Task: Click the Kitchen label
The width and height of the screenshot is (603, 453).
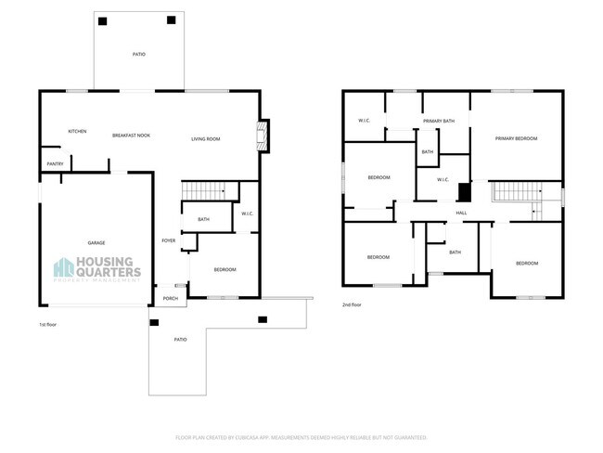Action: click(x=77, y=131)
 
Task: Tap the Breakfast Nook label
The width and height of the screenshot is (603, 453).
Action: click(x=131, y=136)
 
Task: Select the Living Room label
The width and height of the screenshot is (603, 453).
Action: click(x=205, y=138)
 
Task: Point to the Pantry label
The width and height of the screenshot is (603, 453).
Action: click(x=55, y=164)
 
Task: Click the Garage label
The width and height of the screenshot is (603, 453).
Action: click(x=96, y=242)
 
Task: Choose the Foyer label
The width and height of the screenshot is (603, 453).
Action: click(x=168, y=240)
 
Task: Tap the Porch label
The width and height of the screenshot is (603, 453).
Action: click(x=170, y=298)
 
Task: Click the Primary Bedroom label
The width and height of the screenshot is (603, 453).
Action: click(x=516, y=138)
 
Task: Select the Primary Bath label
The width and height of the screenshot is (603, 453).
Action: click(x=438, y=122)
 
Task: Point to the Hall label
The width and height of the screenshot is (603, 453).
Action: click(x=461, y=213)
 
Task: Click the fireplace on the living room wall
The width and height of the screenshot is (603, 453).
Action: click(x=263, y=136)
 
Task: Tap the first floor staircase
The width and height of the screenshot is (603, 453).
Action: click(x=205, y=190)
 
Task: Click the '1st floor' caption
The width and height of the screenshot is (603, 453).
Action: click(x=48, y=324)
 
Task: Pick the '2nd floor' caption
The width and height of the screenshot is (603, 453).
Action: click(x=352, y=304)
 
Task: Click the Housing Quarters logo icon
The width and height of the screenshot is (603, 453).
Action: click(x=64, y=268)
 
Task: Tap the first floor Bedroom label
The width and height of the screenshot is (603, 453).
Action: click(x=225, y=269)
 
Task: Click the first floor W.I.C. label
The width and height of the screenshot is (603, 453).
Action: click(x=248, y=214)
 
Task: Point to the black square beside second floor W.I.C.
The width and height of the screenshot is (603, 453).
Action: click(x=465, y=192)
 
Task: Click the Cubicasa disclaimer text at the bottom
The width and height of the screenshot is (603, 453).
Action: click(x=301, y=436)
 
